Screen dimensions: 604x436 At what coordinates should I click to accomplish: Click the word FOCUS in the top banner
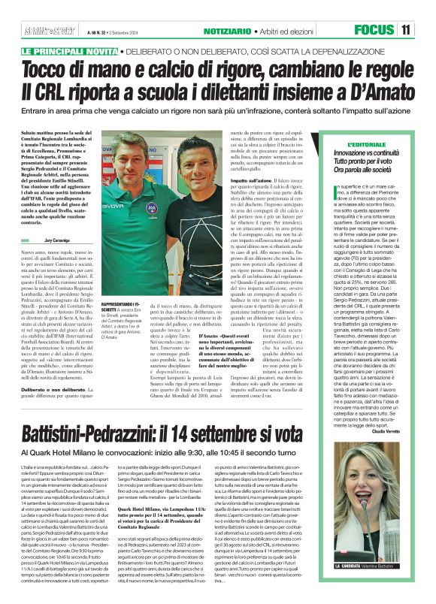(x=374, y=30)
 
